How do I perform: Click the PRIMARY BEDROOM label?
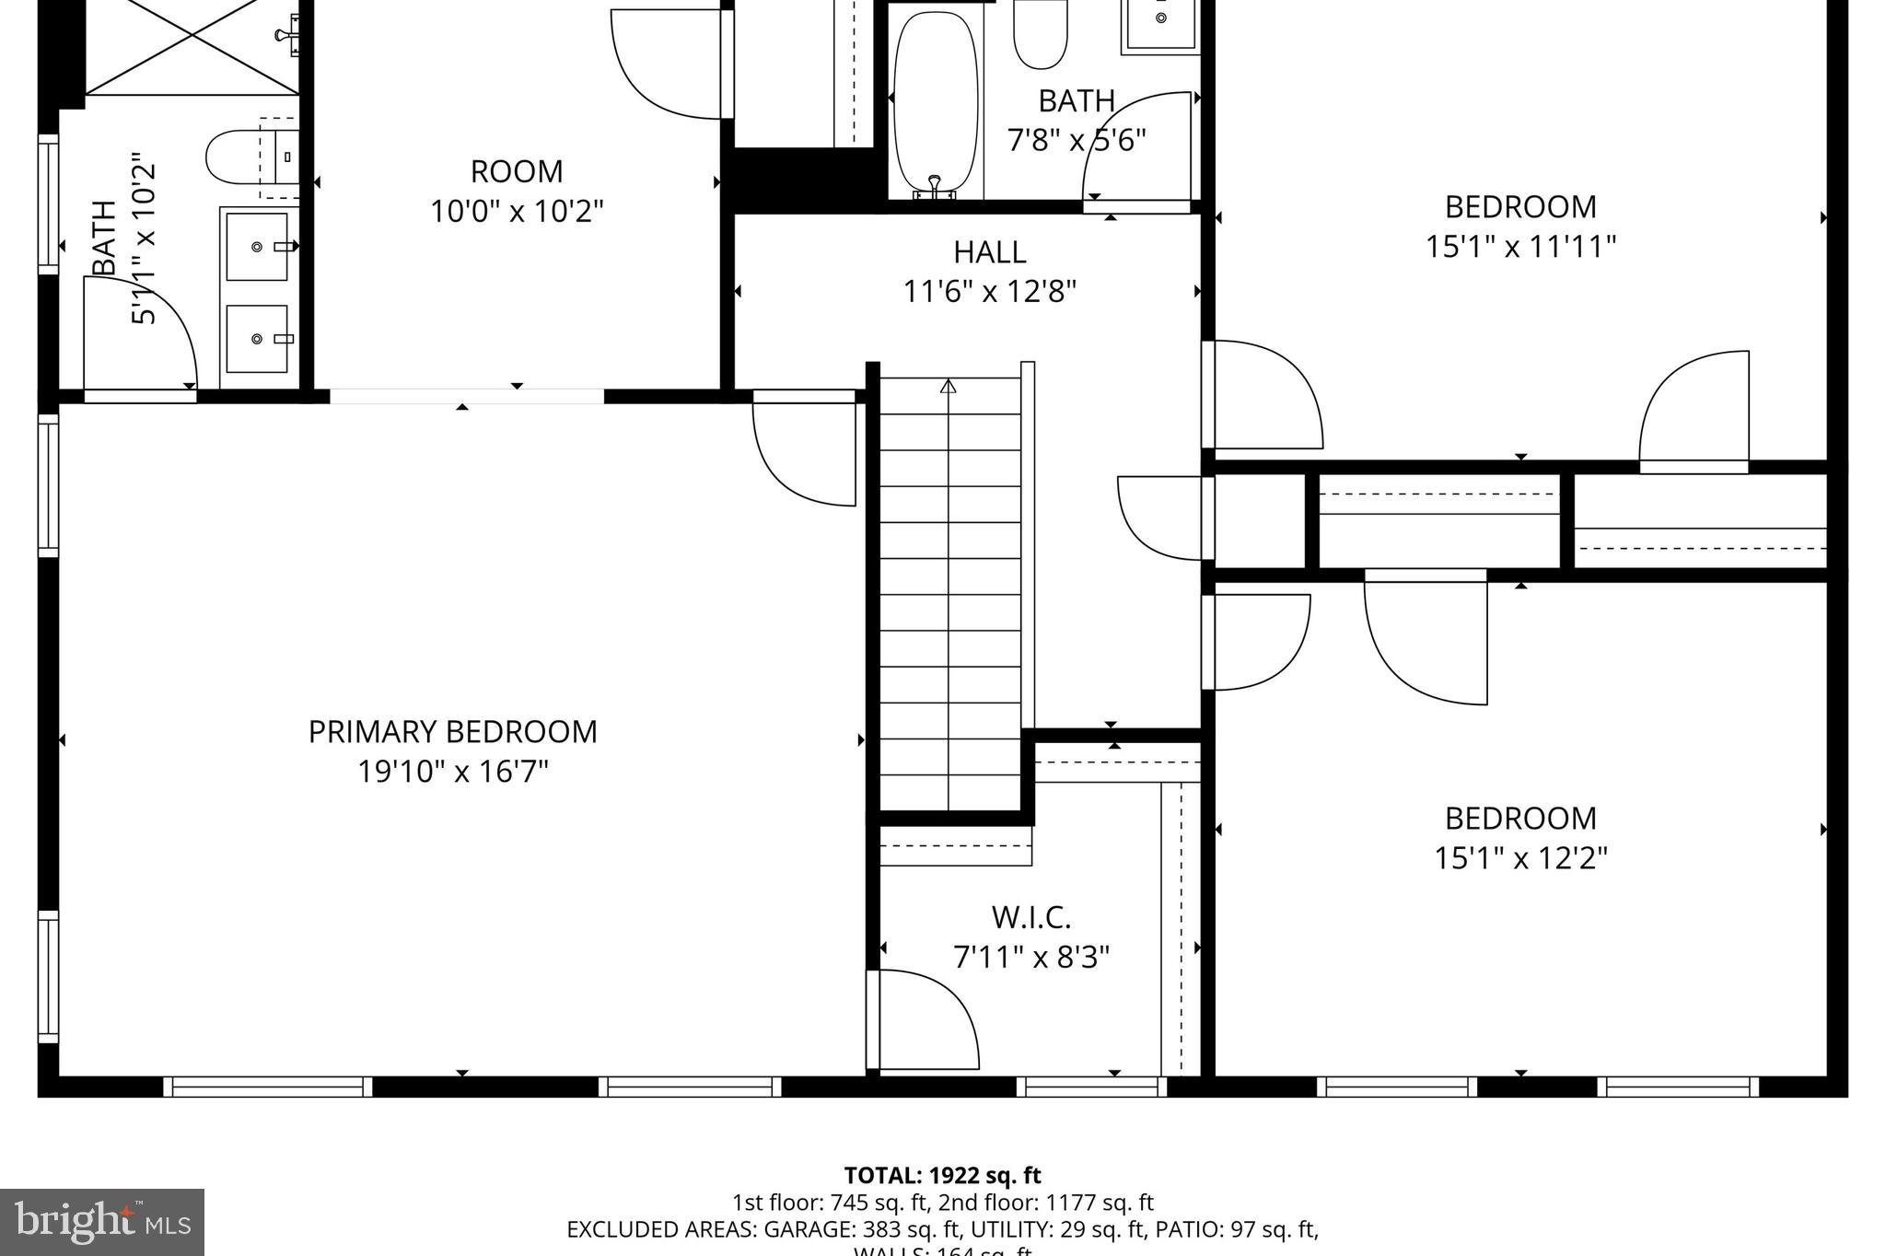[x=452, y=732]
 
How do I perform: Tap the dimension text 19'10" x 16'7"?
[x=452, y=772]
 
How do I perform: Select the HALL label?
[x=989, y=252]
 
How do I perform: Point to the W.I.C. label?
[x=1030, y=917]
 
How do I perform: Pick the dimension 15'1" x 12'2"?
[x=1520, y=858]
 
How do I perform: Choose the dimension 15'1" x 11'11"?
[x=1520, y=247]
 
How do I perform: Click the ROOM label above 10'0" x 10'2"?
[x=517, y=172]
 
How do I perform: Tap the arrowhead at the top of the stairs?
[x=949, y=386]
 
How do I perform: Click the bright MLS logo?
[x=102, y=1222]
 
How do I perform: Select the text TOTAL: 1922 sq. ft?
[x=942, y=1176]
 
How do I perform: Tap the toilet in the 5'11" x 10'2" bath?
[x=238, y=157]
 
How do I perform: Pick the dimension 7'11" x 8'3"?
[x=1030, y=958]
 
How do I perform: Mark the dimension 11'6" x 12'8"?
[x=989, y=292]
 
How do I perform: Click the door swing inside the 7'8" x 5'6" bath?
[x=1138, y=147]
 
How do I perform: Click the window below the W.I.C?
[x=1091, y=1087]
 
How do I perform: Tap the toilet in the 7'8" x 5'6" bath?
[x=1040, y=34]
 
